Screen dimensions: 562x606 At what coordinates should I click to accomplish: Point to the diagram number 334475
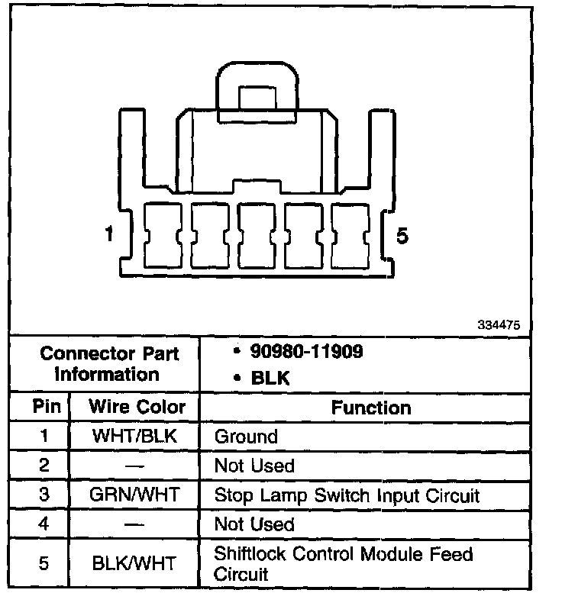click(x=499, y=324)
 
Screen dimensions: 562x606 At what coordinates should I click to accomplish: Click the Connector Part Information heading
click(x=109, y=364)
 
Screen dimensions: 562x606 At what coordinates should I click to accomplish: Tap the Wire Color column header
click(x=137, y=407)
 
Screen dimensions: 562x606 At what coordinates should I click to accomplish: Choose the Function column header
click(x=371, y=408)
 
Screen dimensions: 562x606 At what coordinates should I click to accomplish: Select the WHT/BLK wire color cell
click(x=134, y=437)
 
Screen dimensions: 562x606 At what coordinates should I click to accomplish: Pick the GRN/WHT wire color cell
click(x=134, y=495)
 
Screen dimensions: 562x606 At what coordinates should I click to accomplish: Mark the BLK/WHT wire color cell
click(x=134, y=564)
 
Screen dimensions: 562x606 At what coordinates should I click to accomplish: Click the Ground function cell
click(x=245, y=437)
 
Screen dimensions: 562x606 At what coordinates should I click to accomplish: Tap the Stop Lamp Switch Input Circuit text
click(x=347, y=495)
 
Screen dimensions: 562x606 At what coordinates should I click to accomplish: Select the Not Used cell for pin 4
click(x=254, y=524)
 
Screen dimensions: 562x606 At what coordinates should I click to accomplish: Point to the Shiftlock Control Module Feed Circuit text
click(x=343, y=564)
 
